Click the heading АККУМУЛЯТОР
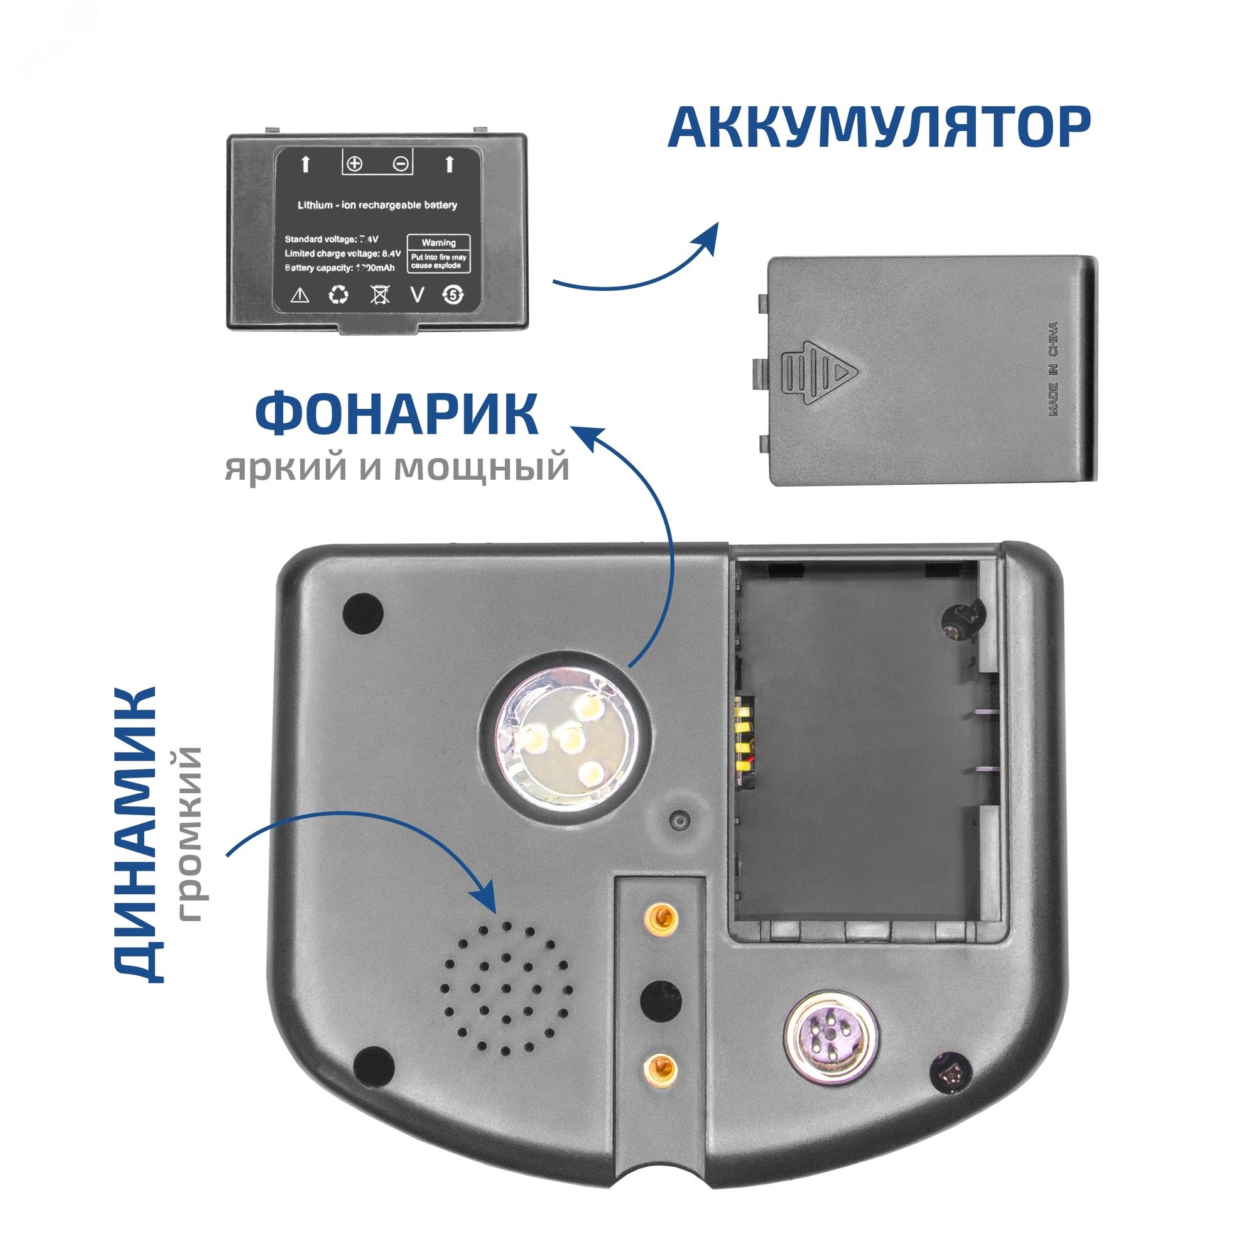tap(879, 129)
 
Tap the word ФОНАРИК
tap(396, 413)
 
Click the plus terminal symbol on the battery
tap(354, 164)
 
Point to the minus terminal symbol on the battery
tap(402, 164)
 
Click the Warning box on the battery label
tap(438, 254)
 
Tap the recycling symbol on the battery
tap(338, 296)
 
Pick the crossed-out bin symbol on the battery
tap(380, 296)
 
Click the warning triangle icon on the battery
tap(299, 296)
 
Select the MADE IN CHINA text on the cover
tap(1053, 369)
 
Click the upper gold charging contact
tap(659, 918)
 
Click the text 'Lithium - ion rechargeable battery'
tap(377, 205)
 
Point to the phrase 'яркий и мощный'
tap(396, 467)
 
